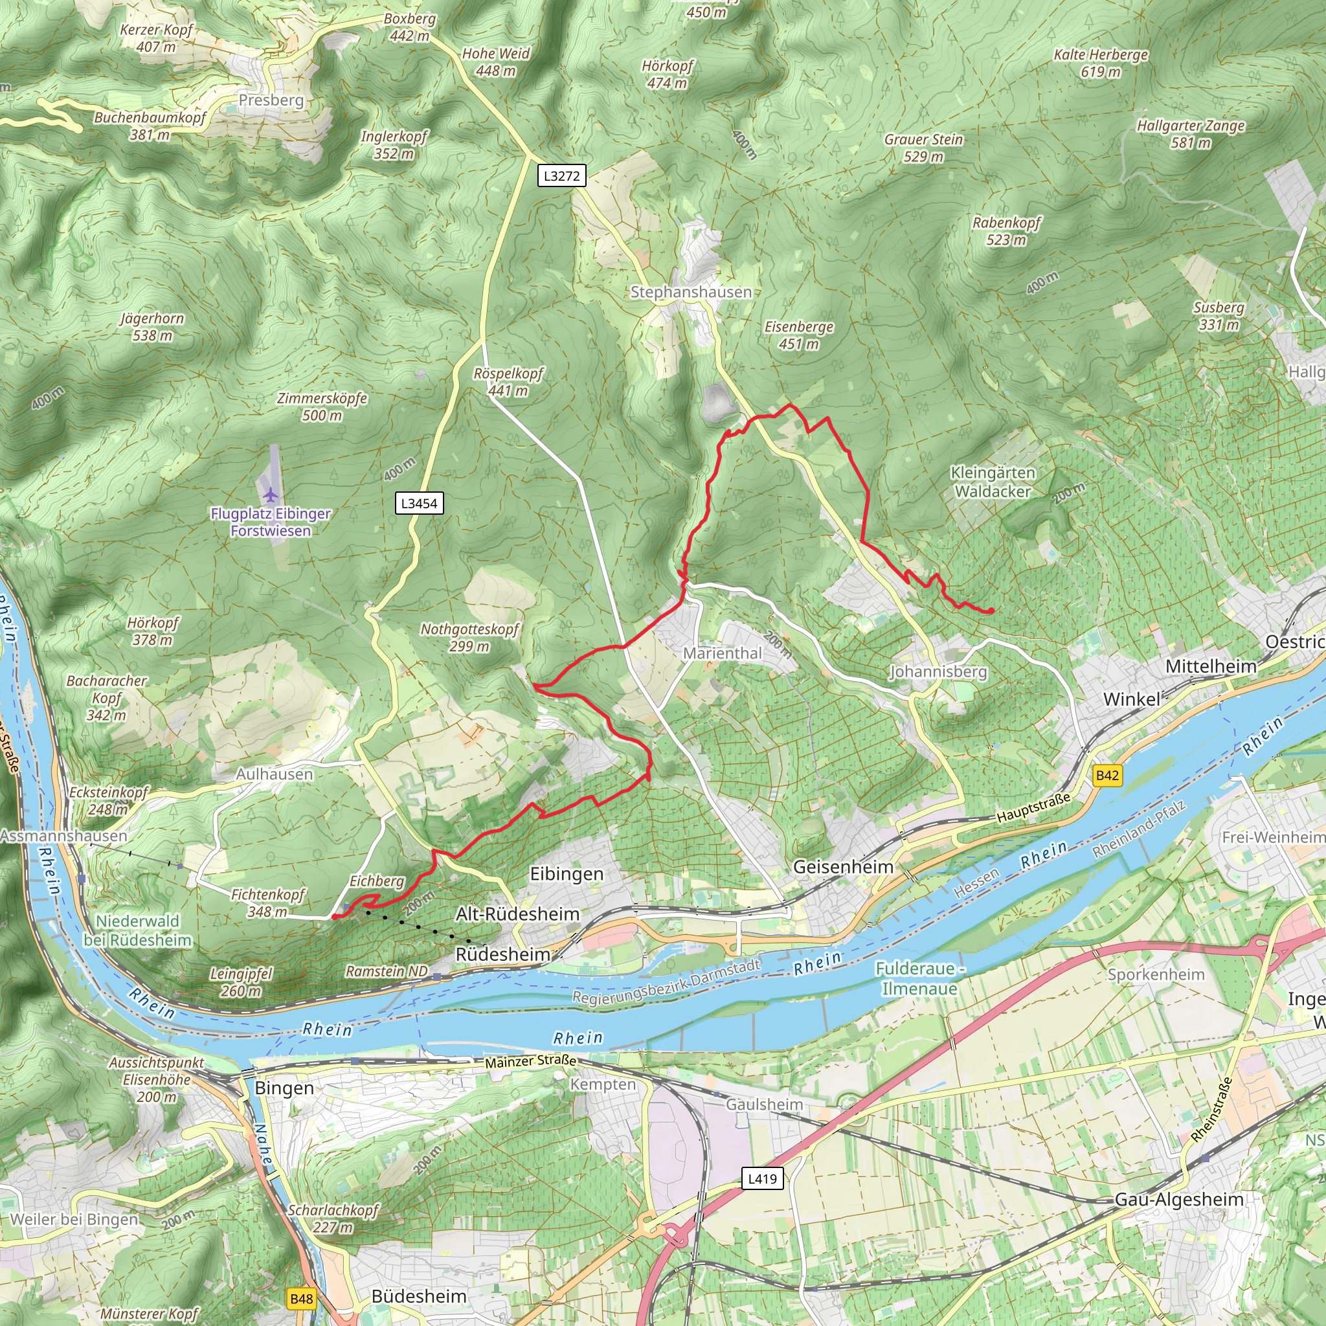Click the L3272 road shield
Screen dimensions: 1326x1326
tap(561, 175)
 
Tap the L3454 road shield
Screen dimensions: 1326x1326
tap(419, 503)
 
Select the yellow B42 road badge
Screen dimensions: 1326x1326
tap(1107, 776)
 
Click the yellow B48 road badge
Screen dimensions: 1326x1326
tap(301, 1299)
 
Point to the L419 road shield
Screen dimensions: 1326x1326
tap(762, 1179)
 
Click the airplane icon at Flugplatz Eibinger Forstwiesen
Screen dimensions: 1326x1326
tap(271, 494)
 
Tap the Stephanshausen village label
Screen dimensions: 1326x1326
tap(690, 293)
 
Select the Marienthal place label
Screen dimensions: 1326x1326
tap(722, 653)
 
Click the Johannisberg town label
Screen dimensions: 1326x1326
tap(938, 672)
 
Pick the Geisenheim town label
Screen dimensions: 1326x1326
tap(843, 867)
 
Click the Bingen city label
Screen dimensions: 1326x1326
tap(284, 1088)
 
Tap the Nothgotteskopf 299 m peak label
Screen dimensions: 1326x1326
tap(469, 638)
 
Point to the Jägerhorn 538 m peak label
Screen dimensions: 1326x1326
tap(152, 327)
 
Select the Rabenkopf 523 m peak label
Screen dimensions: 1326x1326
tap(1006, 231)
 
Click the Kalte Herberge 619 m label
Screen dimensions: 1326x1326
tap(1101, 63)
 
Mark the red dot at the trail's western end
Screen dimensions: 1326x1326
tap(334, 917)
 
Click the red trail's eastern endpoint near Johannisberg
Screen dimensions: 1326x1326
tap(991, 611)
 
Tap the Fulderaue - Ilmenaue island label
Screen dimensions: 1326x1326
tap(919, 979)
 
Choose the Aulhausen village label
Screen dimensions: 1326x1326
tap(275, 774)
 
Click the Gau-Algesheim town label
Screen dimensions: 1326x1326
tap(1179, 1200)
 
